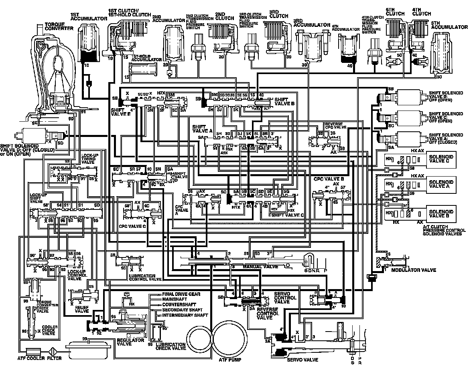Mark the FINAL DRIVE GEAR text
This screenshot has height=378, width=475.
tap(181, 294)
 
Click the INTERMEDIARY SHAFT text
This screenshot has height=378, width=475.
tap(185, 315)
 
